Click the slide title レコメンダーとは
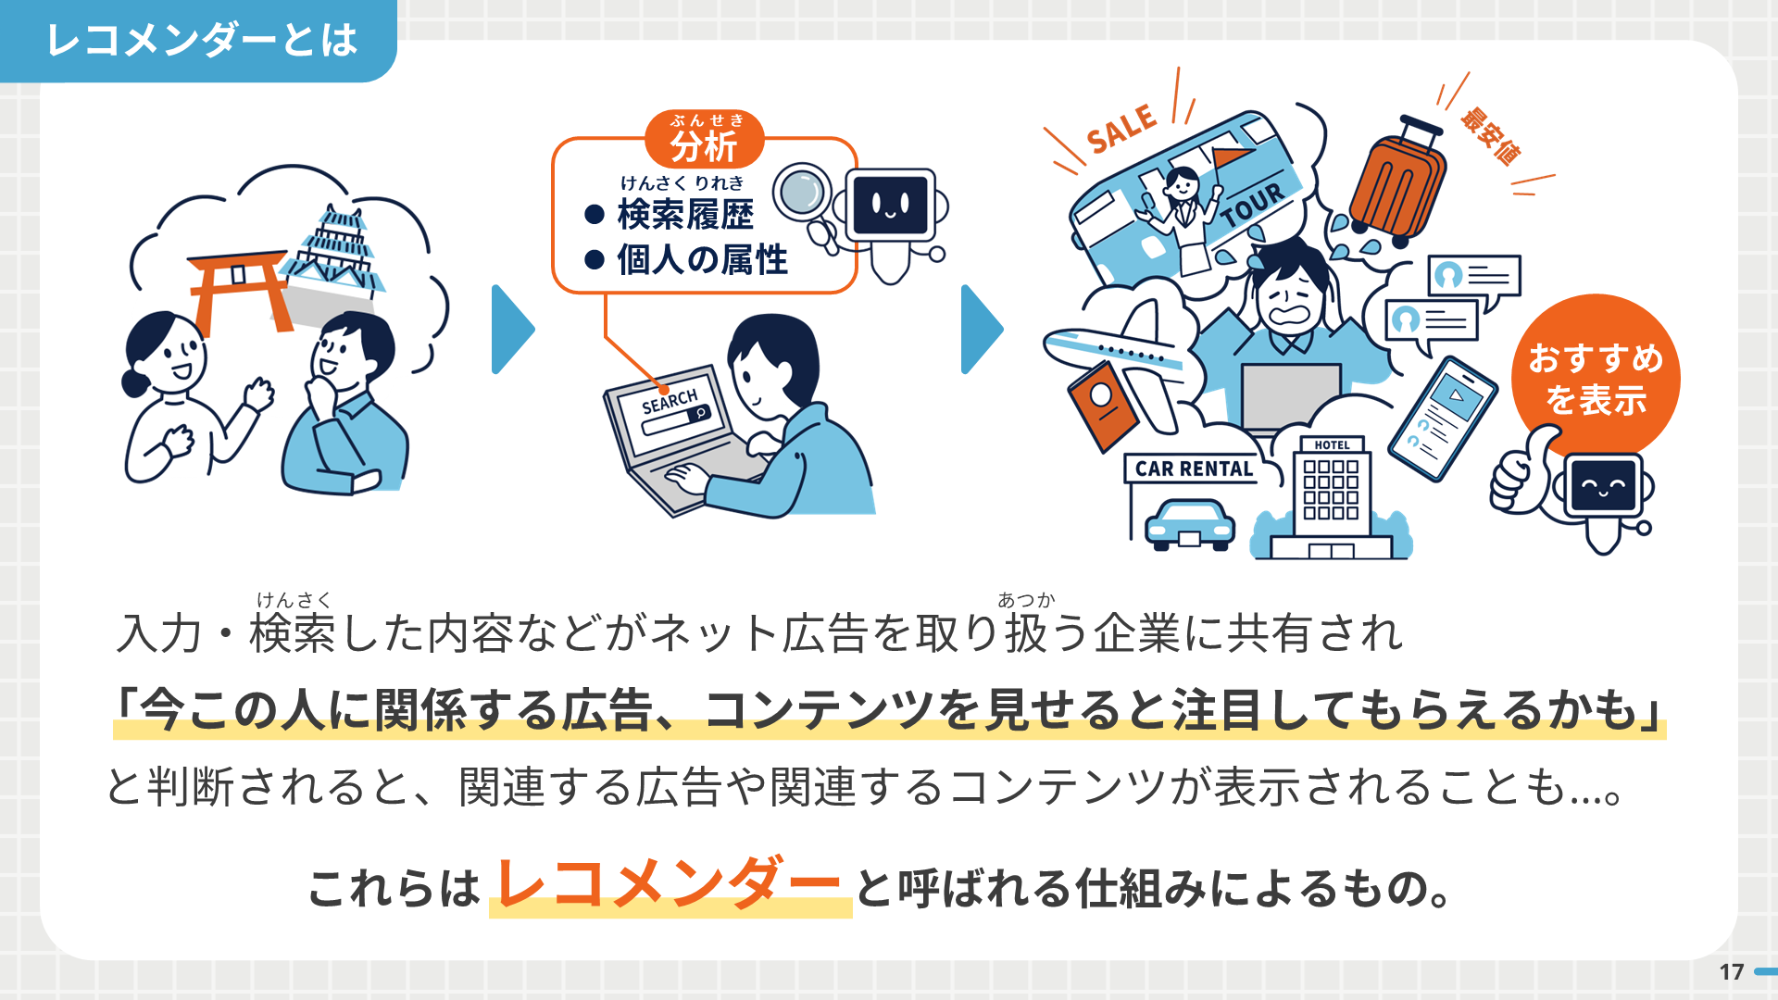pyautogui.click(x=202, y=41)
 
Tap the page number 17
pyautogui.click(x=1732, y=971)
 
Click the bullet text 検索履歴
pyautogui.click(x=685, y=214)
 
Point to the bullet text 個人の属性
pyautogui.click(x=702, y=260)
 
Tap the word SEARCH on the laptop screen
pyautogui.click(x=670, y=401)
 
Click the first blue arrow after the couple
pyautogui.click(x=512, y=330)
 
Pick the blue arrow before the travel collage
pyautogui.click(x=982, y=330)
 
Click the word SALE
pyautogui.click(x=1121, y=129)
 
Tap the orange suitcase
pyautogui.click(x=1396, y=185)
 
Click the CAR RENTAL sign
pyautogui.click(x=1194, y=469)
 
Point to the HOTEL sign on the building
pyautogui.click(x=1332, y=445)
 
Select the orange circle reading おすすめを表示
pyautogui.click(x=1596, y=378)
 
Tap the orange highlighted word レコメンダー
pyautogui.click(x=670, y=885)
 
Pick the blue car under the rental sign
pyautogui.click(x=1190, y=525)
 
